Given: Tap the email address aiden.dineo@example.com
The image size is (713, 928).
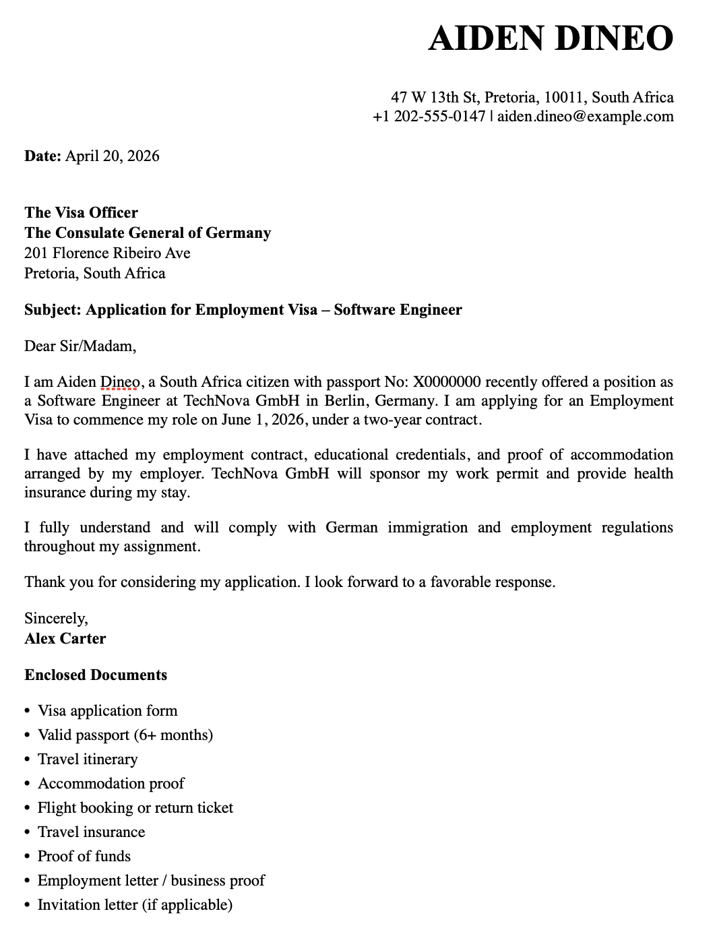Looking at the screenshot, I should click(585, 116).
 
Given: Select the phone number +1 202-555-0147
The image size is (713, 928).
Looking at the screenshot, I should click(429, 116).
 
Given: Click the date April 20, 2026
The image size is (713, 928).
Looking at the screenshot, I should click(112, 156).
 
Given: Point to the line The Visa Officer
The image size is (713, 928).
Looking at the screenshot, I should click(81, 212).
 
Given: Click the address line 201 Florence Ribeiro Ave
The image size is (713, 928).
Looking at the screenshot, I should click(107, 253).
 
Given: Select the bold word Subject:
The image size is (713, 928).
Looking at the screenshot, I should click(53, 309).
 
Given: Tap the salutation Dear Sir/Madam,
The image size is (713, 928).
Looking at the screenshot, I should click(80, 346).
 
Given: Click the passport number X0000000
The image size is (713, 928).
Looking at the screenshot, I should click(446, 382).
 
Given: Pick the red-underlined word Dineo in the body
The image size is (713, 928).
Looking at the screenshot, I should click(119, 382).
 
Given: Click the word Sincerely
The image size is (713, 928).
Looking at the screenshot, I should click(55, 618).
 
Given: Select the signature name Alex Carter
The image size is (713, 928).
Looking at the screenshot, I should click(65, 638).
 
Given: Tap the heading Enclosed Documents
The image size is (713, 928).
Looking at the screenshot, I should click(96, 675).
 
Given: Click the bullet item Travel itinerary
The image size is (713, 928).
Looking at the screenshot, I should click(88, 759).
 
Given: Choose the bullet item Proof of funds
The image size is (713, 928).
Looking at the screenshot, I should click(84, 856).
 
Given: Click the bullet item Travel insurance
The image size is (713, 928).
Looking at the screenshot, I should click(92, 832).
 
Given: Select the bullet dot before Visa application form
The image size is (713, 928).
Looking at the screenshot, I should click(28, 711).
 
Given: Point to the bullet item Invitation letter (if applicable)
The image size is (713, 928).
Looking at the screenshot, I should click(135, 904).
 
